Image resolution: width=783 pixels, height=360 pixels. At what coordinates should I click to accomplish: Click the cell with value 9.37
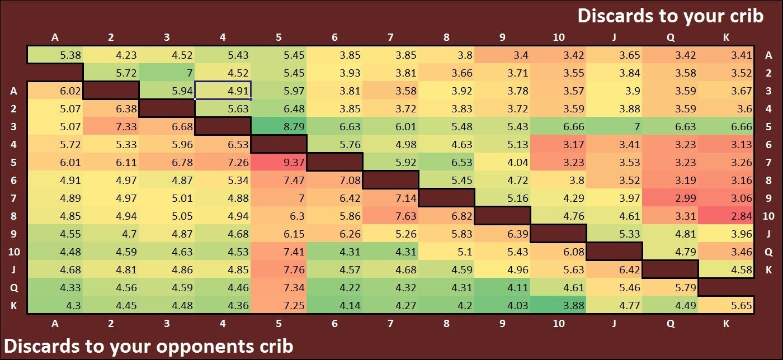tap(279, 162)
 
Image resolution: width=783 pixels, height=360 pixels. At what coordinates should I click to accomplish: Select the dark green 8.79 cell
tap(279, 126)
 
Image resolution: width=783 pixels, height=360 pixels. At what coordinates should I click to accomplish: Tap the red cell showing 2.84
tap(726, 216)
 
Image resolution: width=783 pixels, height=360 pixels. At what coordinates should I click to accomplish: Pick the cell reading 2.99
tap(670, 198)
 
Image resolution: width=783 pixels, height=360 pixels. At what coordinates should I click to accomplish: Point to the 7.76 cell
tap(279, 269)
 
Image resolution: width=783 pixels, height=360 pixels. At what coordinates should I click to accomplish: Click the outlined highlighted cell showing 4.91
tap(223, 91)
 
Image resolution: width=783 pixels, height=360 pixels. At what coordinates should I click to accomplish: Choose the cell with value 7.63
tap(390, 216)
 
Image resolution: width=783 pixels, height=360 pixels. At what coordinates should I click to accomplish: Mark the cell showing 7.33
tap(111, 126)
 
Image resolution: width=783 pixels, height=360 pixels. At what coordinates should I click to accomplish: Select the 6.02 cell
tap(55, 91)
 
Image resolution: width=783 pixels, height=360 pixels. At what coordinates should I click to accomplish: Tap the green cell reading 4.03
tap(502, 305)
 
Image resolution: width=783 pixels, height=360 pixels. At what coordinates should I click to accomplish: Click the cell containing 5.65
tap(726, 305)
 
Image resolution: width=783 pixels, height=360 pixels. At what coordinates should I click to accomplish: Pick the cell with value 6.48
tap(279, 108)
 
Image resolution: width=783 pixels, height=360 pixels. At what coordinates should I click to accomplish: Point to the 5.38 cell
tap(55, 55)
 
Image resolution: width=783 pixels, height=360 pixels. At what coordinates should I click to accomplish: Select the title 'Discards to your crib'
tap(670, 15)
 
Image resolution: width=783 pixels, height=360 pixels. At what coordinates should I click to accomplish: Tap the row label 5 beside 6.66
tap(768, 127)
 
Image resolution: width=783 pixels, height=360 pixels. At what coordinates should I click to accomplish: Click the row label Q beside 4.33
tap(14, 288)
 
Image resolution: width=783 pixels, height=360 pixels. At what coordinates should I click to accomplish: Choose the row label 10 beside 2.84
tap(768, 216)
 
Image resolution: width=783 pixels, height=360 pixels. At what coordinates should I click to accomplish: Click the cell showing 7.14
tap(390, 198)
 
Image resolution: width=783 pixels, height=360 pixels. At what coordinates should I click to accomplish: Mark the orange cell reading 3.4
tap(502, 55)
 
